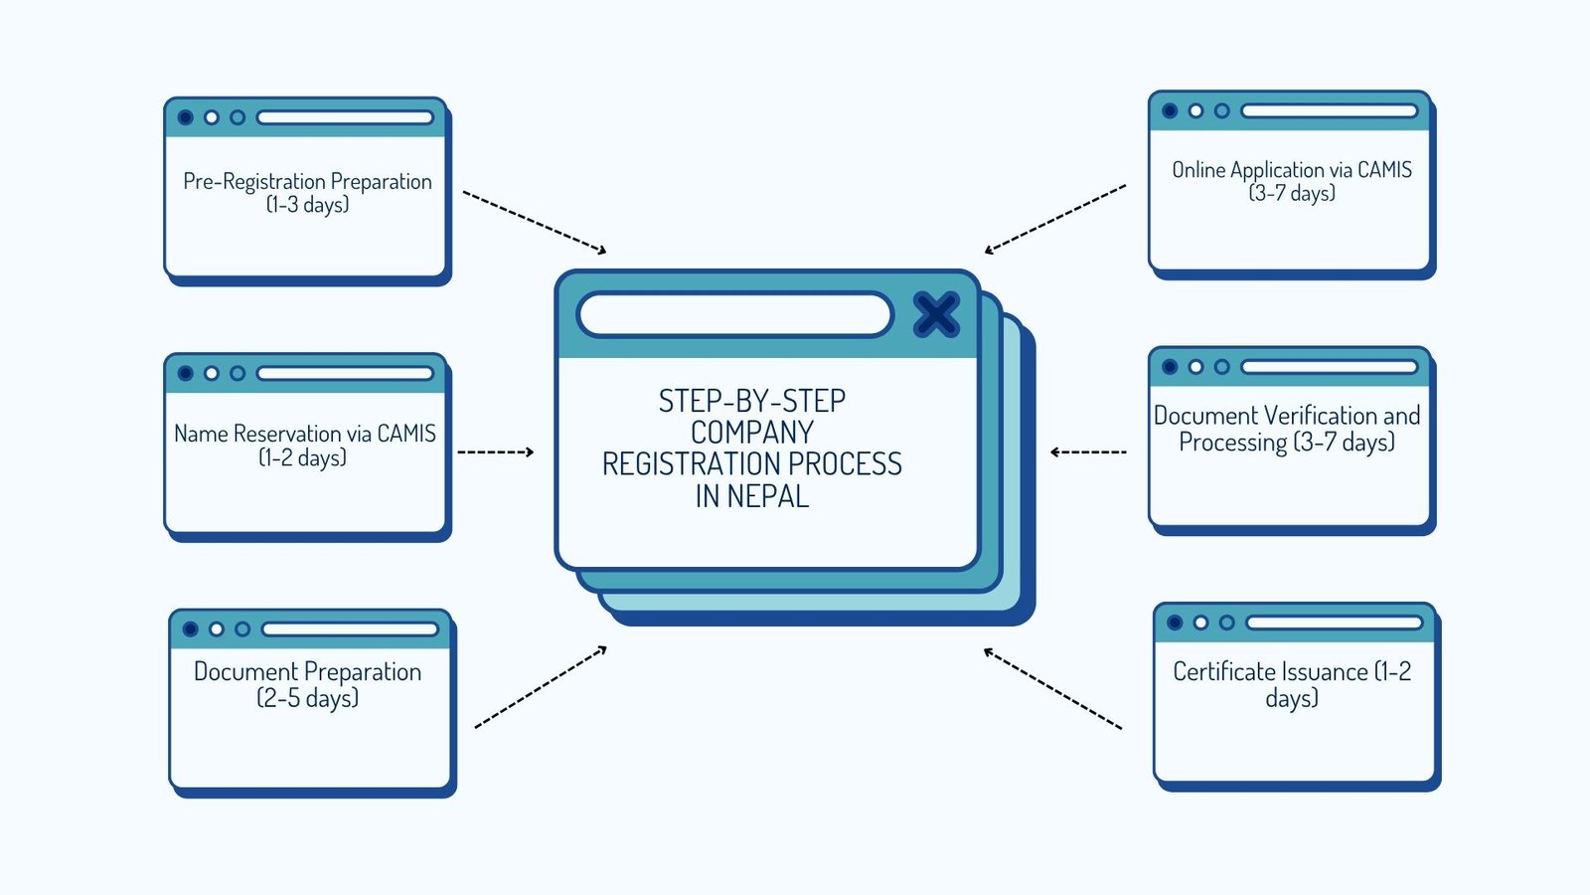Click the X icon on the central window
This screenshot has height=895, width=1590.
tap(935, 314)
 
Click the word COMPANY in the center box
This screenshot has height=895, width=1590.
tap(752, 433)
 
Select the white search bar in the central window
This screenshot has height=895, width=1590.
tap(734, 314)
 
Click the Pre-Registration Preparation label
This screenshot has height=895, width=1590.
tap(307, 181)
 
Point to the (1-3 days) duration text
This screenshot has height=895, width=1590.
tap(307, 205)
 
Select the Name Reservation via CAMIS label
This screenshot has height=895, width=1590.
tap(304, 434)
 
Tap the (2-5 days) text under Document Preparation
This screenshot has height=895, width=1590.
tap(307, 698)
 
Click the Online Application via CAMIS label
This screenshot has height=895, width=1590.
tap(1291, 170)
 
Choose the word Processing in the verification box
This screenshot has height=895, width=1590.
tap(1232, 443)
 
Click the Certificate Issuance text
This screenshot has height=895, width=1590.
tap(1270, 672)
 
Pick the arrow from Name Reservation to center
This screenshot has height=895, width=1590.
tap(495, 451)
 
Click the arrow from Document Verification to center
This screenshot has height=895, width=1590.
tap(1088, 451)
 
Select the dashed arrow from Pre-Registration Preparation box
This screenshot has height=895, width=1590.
tap(535, 222)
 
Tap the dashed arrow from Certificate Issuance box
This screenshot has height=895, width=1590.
tap(1052, 688)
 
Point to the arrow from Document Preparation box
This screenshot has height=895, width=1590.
tap(540, 687)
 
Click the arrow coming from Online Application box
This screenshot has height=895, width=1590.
tap(1054, 218)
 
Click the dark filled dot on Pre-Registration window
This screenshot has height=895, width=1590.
tap(185, 117)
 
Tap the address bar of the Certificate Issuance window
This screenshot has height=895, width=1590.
tap(1334, 623)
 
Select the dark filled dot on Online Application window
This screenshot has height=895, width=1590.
tap(1170, 110)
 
